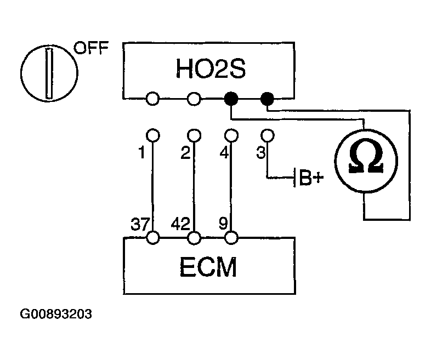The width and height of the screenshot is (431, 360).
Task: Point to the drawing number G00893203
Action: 56,315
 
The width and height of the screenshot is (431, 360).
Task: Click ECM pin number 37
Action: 138,224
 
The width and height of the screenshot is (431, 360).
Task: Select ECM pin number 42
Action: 180,224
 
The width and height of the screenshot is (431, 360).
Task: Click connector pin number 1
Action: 142,154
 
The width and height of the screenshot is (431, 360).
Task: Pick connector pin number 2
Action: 185,154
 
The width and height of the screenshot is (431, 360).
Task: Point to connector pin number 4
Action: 224,154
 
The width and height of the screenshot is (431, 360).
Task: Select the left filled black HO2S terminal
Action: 231,99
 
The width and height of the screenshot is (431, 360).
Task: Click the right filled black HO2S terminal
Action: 267,99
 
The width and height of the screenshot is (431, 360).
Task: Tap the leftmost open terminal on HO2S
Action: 153,99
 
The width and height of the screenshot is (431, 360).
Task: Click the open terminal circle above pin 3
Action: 267,134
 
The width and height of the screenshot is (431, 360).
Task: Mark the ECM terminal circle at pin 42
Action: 194,238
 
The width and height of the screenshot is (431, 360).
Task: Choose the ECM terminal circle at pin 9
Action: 231,238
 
